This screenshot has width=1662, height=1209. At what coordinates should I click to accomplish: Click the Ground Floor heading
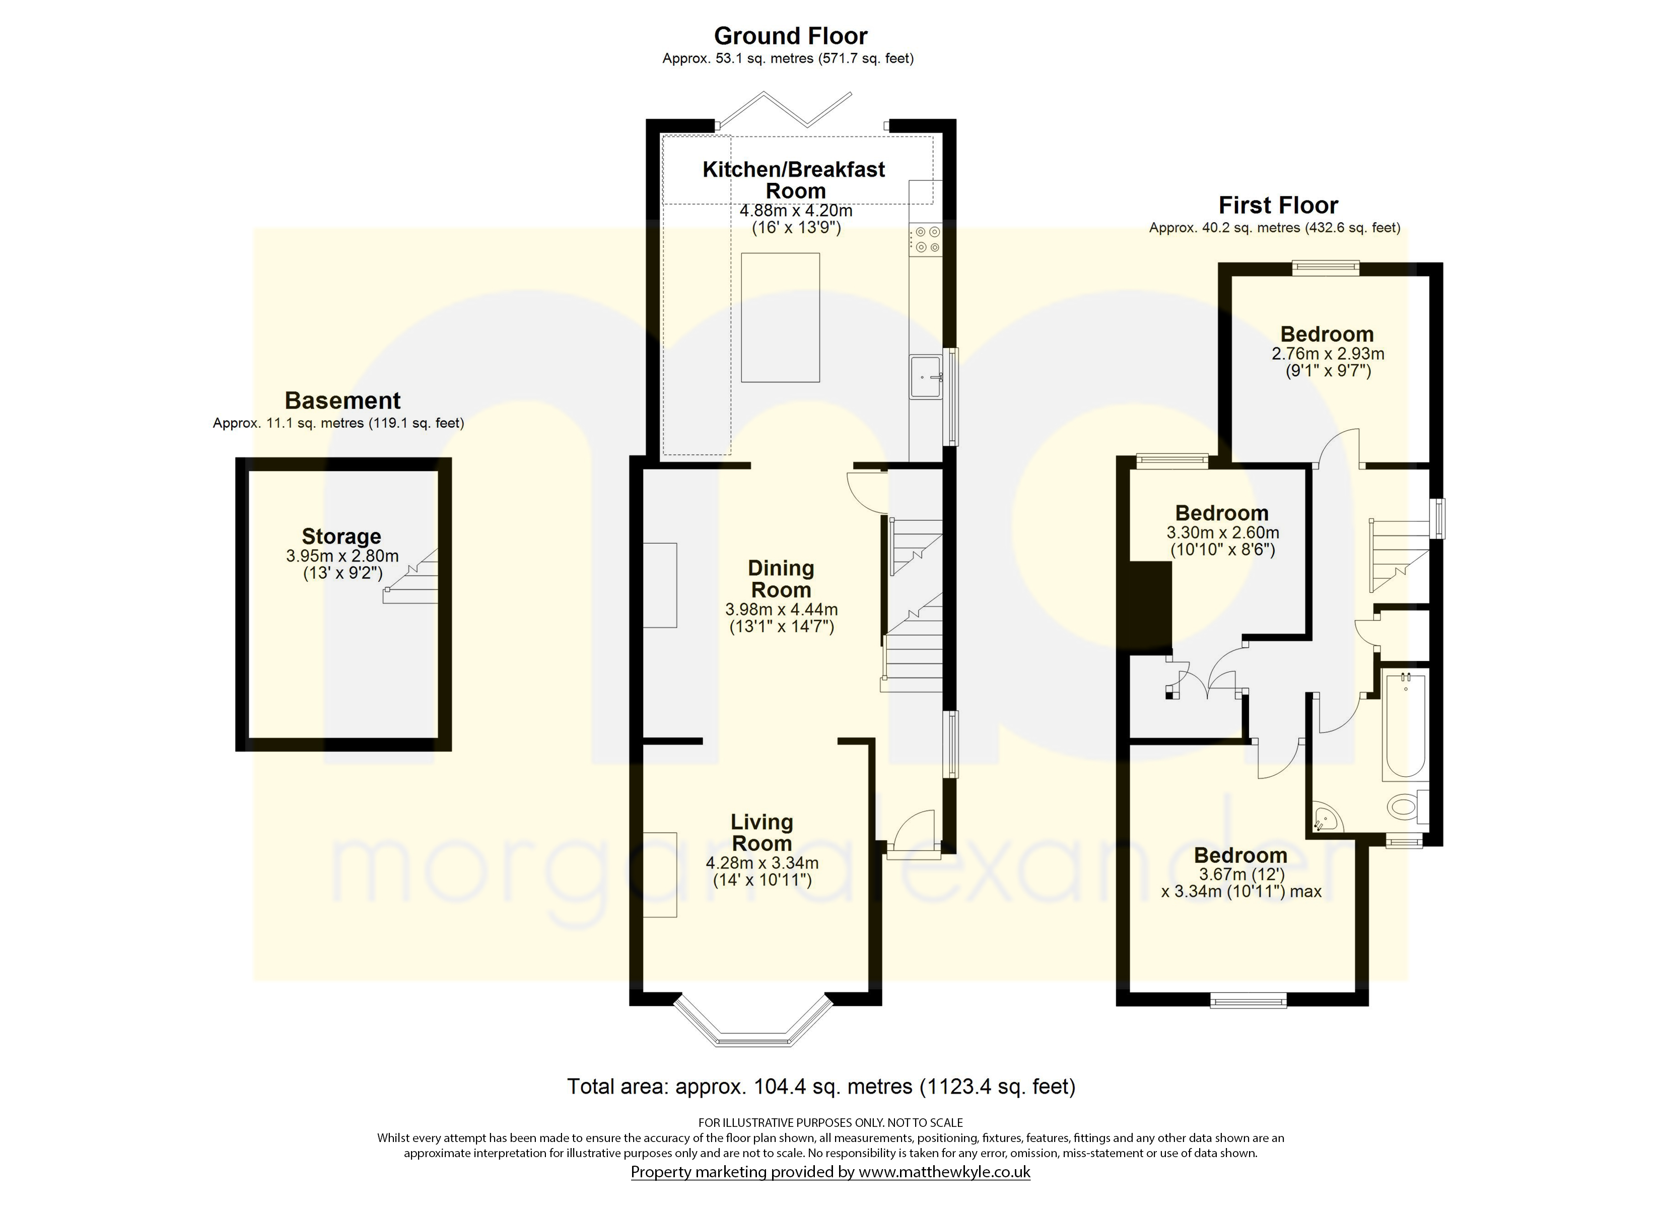point(790,36)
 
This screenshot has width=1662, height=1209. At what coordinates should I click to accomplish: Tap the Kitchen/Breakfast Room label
point(794,180)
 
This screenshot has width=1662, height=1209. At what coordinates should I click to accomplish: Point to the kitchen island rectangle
point(781,317)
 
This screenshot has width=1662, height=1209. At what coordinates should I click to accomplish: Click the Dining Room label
point(781,579)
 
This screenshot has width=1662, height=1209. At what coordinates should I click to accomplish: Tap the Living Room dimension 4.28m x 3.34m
point(762,863)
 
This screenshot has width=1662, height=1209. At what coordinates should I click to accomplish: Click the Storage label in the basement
point(341,536)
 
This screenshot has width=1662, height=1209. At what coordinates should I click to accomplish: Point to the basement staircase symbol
point(412,576)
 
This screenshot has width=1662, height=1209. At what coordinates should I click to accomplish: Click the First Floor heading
point(1278,206)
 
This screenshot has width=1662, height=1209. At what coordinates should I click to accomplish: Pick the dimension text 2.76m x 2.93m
point(1328,354)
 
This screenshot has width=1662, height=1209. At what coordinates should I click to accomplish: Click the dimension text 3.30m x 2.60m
point(1223,533)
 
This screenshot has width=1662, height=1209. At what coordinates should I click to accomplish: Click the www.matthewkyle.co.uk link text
point(945,1172)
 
